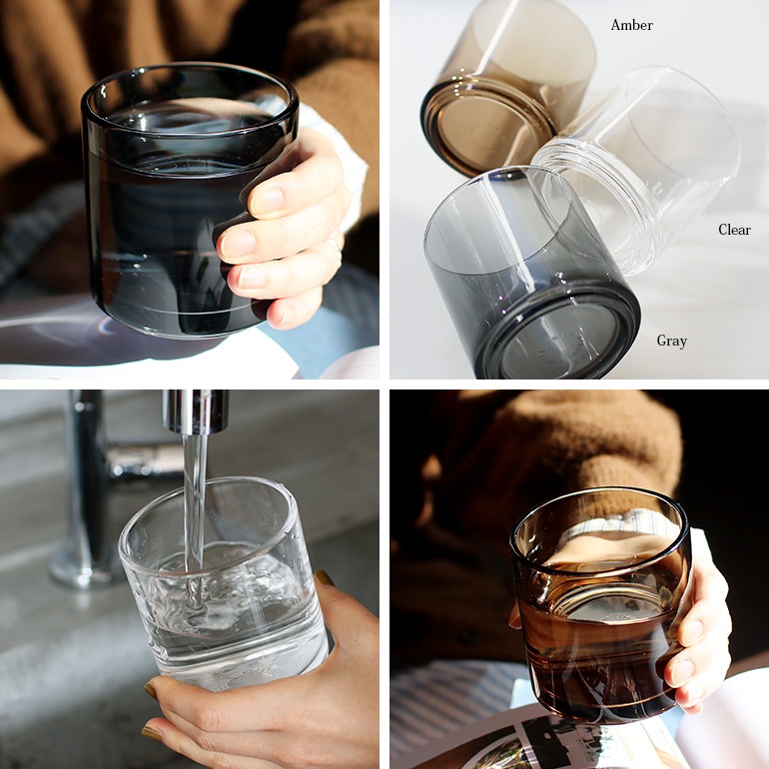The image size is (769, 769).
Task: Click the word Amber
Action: [631, 25]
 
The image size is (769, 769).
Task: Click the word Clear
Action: [734, 230]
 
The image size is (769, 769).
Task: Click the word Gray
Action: [671, 341]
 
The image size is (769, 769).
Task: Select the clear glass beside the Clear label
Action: [639, 170]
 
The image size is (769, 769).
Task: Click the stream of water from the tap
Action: [195, 499]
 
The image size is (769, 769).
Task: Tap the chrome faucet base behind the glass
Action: [85, 559]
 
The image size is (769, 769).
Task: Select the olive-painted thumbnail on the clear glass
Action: [326, 578]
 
